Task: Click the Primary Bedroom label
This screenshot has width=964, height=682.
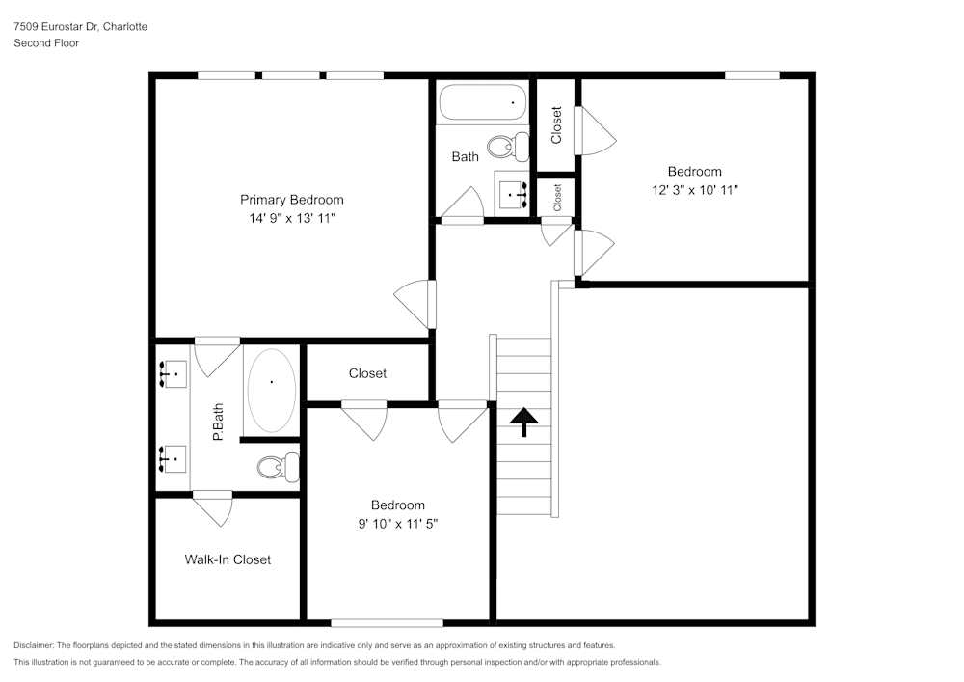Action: [291, 200]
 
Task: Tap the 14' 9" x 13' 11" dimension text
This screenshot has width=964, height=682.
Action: [292, 218]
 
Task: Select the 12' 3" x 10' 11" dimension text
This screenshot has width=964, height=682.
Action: [695, 190]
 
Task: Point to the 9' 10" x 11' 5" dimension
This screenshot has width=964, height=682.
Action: [398, 524]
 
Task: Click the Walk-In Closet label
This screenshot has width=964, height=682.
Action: [228, 559]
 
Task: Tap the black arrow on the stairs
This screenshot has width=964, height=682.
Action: [523, 422]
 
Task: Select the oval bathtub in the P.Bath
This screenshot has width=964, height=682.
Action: [271, 391]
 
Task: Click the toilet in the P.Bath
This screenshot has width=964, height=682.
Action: [278, 468]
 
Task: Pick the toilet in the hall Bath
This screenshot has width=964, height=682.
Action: [508, 147]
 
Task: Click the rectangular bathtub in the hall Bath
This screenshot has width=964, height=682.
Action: [482, 102]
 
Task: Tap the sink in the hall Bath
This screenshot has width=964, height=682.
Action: [512, 194]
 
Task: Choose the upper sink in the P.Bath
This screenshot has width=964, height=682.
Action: [173, 374]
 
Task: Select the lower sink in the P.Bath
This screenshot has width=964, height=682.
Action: [173, 459]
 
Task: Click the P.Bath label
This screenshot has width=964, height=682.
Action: [218, 423]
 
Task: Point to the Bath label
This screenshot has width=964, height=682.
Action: [465, 157]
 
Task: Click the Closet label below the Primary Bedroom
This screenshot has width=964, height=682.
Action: [367, 373]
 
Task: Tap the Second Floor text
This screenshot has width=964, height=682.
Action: [46, 43]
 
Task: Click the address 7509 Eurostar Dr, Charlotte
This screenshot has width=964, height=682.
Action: [81, 26]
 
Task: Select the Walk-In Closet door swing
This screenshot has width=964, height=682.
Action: [213, 508]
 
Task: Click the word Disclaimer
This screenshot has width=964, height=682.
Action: [34, 645]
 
